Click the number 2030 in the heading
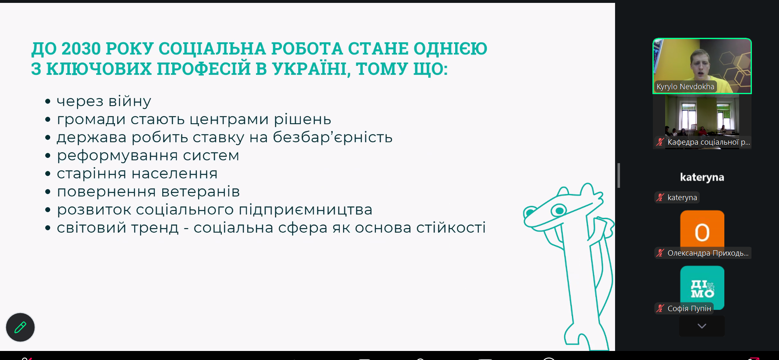(81, 48)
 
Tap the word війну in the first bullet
(130, 101)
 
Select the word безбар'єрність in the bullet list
(333, 137)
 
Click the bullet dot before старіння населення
(48, 174)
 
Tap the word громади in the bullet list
(91, 120)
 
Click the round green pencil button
(20, 327)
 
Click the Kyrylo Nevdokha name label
(685, 87)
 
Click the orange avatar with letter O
(702, 231)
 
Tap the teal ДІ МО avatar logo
(702, 287)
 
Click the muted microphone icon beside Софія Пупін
(660, 308)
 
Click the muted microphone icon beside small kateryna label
(660, 197)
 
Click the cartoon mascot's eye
(558, 211)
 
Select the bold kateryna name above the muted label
(702, 177)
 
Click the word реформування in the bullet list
(118, 156)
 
